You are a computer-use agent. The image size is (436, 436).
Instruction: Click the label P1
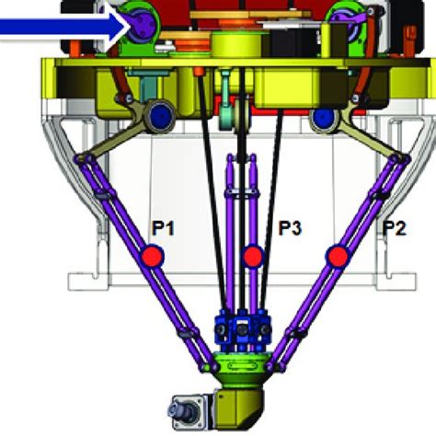pyautogui.click(x=163, y=229)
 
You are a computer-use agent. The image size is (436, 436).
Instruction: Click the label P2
pyautogui.click(x=395, y=228)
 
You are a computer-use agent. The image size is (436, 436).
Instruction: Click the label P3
pyautogui.click(x=290, y=228)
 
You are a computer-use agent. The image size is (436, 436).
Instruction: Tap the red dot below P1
pyautogui.click(x=153, y=257)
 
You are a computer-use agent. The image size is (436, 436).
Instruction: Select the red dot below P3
pyautogui.click(x=253, y=256)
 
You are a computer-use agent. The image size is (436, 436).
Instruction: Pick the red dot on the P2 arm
pyautogui.click(x=338, y=256)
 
